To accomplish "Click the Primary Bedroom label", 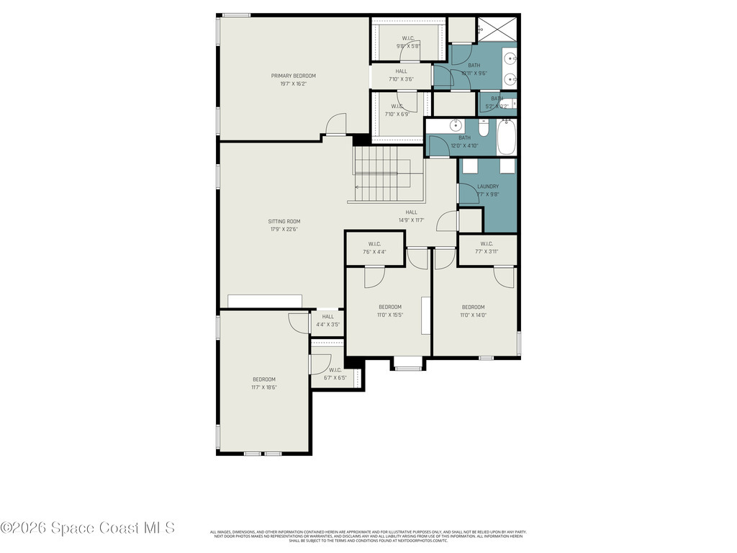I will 293,76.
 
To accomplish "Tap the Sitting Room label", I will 284,221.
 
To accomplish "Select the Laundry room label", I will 487,186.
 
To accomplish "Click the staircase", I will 381,175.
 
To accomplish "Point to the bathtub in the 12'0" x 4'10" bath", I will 507,138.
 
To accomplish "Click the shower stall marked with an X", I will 498,29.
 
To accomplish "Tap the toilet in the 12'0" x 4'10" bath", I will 484,128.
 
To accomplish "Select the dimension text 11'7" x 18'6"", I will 263,387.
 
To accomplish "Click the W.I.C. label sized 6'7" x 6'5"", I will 335,370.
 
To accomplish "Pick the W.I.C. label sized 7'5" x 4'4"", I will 374,243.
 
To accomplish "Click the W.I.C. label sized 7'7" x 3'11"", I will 487,243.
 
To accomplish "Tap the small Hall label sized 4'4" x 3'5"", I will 327,316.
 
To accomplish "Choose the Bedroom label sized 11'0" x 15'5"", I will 390,307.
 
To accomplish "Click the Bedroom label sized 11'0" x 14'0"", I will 473,307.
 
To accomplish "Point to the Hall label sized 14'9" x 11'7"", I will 411,212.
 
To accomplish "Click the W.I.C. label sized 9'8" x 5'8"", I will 407,38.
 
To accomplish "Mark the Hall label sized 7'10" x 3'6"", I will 401,71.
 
